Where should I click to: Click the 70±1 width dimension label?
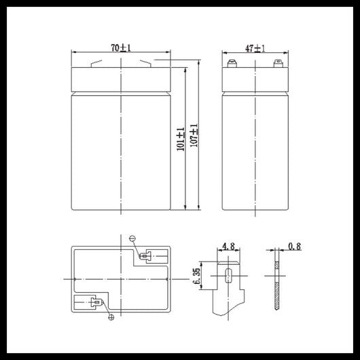[121, 47]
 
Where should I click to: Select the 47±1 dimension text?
[255, 48]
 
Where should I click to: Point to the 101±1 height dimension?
[180, 139]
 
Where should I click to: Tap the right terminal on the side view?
[276, 65]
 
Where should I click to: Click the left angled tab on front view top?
[96, 65]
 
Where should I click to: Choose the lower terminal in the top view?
[95, 302]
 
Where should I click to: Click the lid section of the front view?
[120, 79]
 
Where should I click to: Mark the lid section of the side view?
[255, 79]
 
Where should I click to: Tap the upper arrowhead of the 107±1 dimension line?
[198, 62]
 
